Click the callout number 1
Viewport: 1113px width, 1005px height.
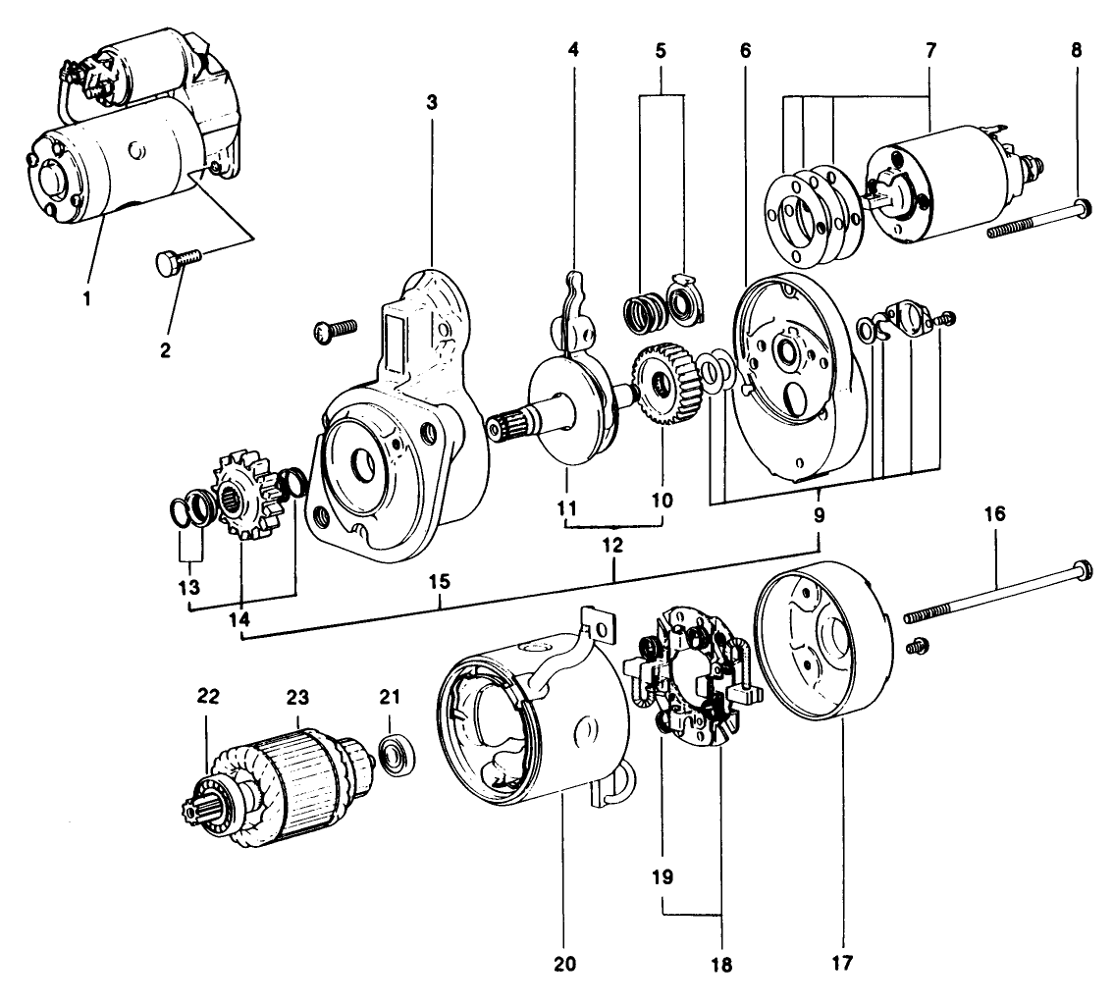[x=87, y=298]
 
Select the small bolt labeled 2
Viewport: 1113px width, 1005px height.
[x=178, y=262]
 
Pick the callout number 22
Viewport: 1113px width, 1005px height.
[x=208, y=696]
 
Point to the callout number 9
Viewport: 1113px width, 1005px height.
[x=820, y=513]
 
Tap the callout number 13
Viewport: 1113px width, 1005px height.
[x=188, y=587]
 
